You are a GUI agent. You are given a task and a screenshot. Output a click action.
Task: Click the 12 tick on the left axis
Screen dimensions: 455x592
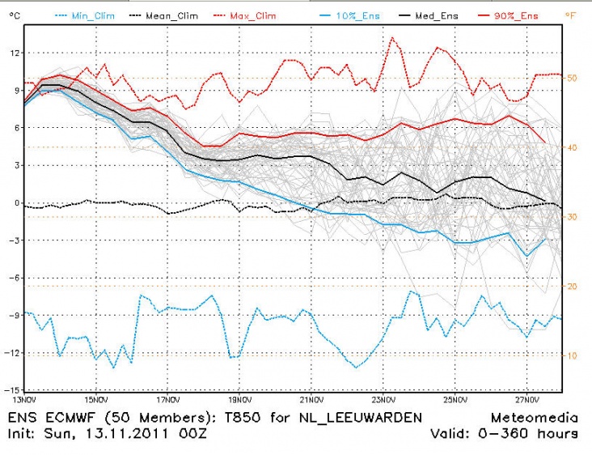pyautogui.click(x=14, y=53)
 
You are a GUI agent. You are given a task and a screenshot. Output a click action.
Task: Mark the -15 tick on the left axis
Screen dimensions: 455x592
pyautogui.click(x=12, y=390)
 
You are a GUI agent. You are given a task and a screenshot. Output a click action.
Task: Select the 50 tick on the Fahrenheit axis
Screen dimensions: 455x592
pyautogui.click(x=571, y=79)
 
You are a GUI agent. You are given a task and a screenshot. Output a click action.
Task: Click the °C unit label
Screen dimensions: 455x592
pyautogui.click(x=13, y=15)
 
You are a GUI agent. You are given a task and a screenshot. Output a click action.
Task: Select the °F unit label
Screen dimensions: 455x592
pyautogui.click(x=571, y=15)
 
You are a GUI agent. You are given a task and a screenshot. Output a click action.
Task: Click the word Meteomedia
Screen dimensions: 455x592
pyautogui.click(x=534, y=419)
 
